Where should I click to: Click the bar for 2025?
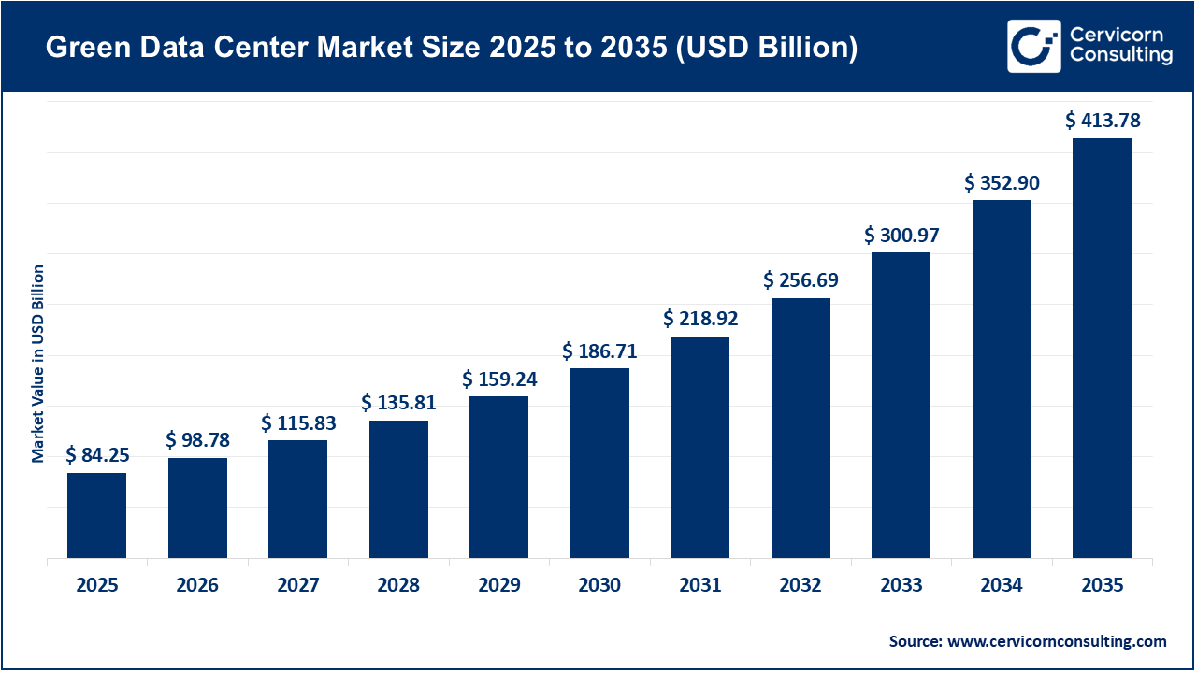pyautogui.click(x=96, y=515)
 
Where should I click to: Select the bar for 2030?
pyautogui.click(x=599, y=463)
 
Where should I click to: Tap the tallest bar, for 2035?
pyautogui.click(x=1102, y=348)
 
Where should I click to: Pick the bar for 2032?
pyautogui.click(x=800, y=428)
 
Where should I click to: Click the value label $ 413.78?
pyautogui.click(x=1103, y=120)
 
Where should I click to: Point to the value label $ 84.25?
pyautogui.click(x=97, y=455)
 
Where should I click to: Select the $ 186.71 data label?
pyautogui.click(x=599, y=351)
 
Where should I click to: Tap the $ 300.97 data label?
pyautogui.click(x=901, y=235)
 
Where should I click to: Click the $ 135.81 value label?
pyautogui.click(x=398, y=403)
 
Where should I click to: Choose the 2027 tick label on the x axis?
pyautogui.click(x=298, y=585)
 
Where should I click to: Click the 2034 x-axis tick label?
pyautogui.click(x=1002, y=585)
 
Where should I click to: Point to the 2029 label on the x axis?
pyautogui.click(x=499, y=585)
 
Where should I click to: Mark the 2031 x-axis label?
pyautogui.click(x=700, y=585)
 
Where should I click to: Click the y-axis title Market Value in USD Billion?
pyautogui.click(x=38, y=364)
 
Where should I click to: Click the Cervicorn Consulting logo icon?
pyautogui.click(x=1034, y=46)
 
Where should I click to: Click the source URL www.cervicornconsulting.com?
pyautogui.click(x=1058, y=641)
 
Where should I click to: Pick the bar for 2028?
pyautogui.click(x=398, y=489)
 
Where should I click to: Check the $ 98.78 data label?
pyautogui.click(x=197, y=439)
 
